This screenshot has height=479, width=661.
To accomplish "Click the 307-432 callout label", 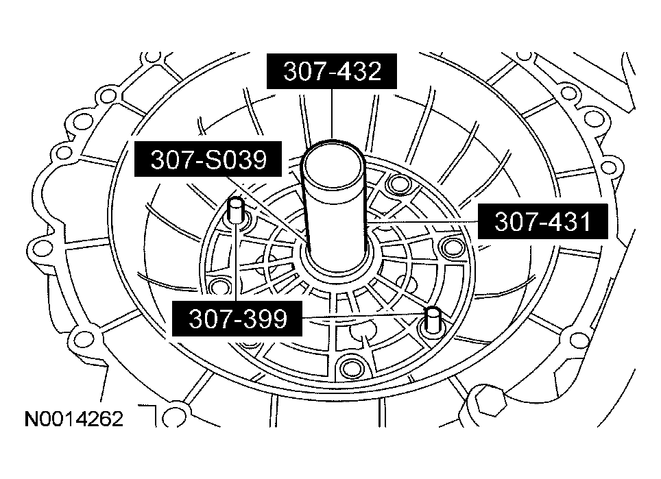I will click(331, 71).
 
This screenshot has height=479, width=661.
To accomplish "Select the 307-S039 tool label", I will click(209, 160).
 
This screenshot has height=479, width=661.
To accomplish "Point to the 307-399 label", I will click(237, 318).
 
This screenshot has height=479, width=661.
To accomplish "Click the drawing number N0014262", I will click(74, 419).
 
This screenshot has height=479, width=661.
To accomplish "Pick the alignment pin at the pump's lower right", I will click(432, 320).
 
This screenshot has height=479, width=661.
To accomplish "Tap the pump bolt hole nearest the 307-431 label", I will click(450, 246).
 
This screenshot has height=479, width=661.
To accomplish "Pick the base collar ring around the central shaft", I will click(339, 264).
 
